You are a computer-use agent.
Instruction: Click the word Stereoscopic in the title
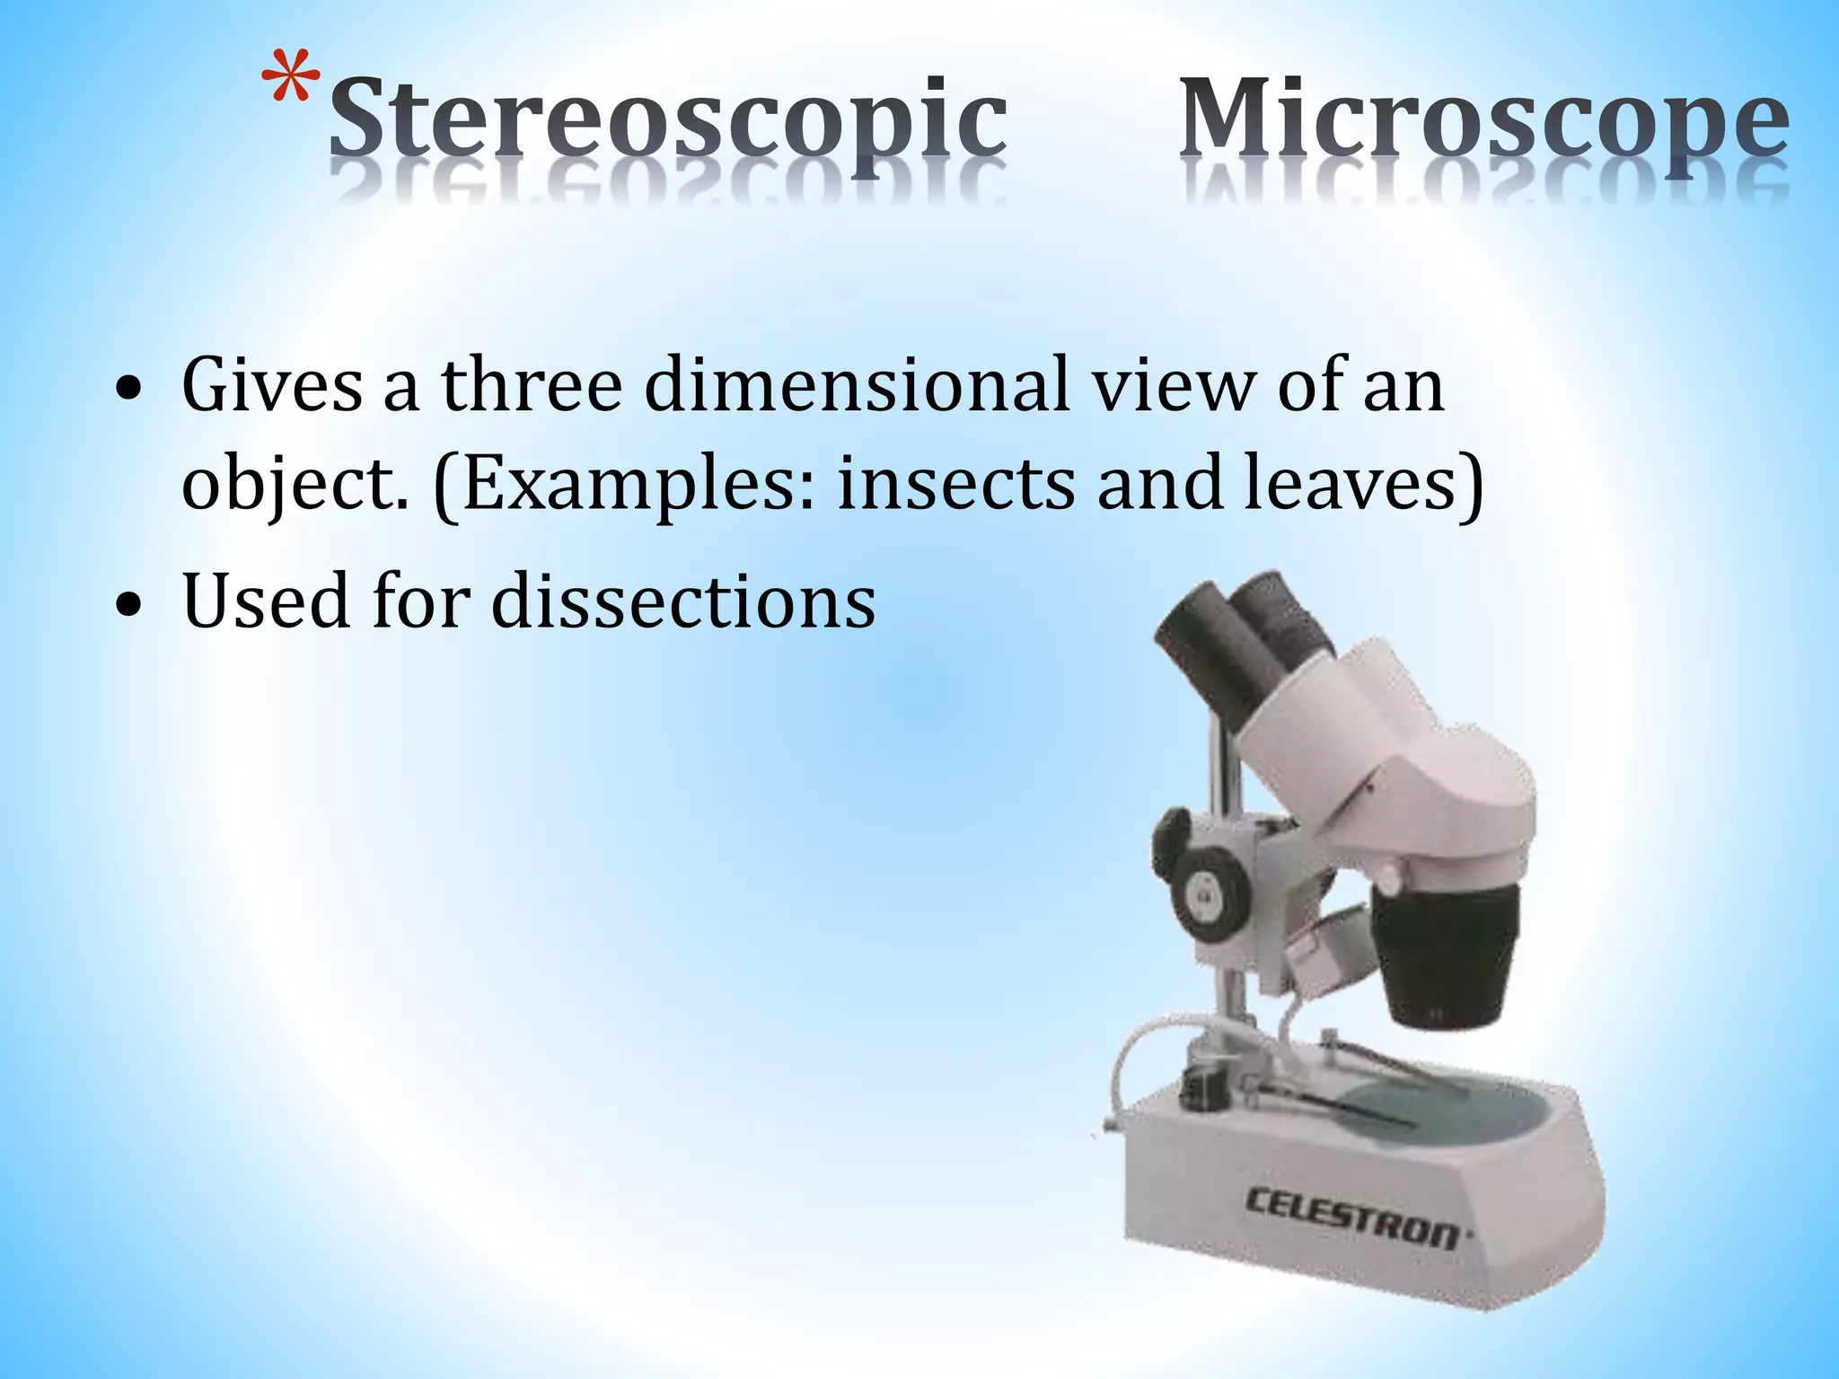[667, 126]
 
